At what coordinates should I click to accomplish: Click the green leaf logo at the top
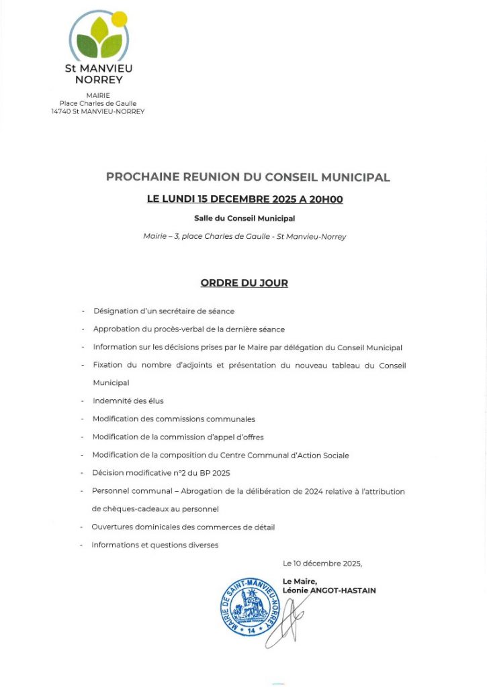coord(97,39)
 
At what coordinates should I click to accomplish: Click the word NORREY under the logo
coord(98,80)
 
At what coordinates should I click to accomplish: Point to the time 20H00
coord(324,199)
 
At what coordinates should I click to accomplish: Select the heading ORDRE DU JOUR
coord(244,283)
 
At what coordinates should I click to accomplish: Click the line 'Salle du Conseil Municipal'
coord(244,218)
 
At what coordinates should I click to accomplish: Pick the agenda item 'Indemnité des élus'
coord(128,401)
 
